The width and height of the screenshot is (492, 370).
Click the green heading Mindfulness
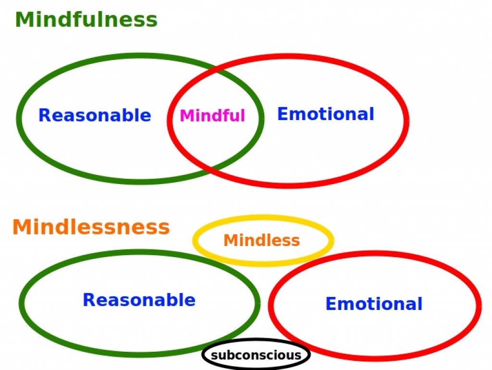pyautogui.click(x=86, y=20)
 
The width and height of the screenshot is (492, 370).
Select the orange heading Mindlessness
pyautogui.click(x=91, y=227)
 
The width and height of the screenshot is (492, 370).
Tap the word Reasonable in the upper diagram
pyautogui.click(x=95, y=115)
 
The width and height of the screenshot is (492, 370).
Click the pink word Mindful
pyautogui.click(x=212, y=116)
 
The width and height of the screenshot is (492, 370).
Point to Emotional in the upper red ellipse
pyautogui.click(x=326, y=114)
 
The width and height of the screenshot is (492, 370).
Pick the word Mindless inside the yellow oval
pyautogui.click(x=262, y=240)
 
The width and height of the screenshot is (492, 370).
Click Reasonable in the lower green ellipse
pyautogui.click(x=139, y=300)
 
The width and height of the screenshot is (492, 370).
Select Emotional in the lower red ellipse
pyautogui.click(x=374, y=304)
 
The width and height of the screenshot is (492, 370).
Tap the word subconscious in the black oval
pyautogui.click(x=256, y=356)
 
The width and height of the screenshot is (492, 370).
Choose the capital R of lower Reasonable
pyautogui.click(x=89, y=300)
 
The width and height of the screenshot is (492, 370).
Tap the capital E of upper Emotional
pyautogui.click(x=283, y=114)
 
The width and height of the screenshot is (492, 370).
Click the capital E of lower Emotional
pyautogui.click(x=331, y=304)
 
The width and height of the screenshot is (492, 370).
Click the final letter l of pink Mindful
pyautogui.click(x=243, y=115)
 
